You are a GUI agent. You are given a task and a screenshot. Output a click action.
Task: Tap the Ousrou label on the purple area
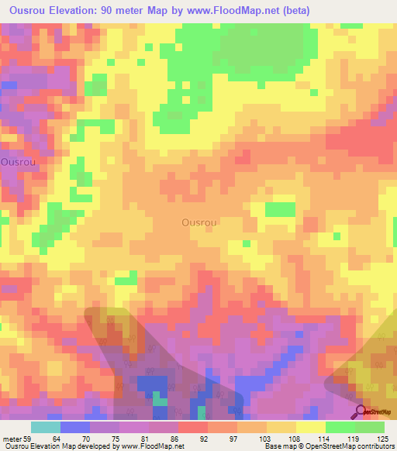(x=16, y=163)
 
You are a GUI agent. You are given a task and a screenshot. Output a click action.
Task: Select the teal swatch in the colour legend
(x=46, y=427)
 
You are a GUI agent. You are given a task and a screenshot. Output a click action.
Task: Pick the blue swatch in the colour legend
(x=75, y=427)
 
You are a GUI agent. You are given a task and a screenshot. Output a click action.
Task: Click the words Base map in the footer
(x=279, y=446)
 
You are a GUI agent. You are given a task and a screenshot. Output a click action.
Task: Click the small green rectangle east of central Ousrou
(x=280, y=209)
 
